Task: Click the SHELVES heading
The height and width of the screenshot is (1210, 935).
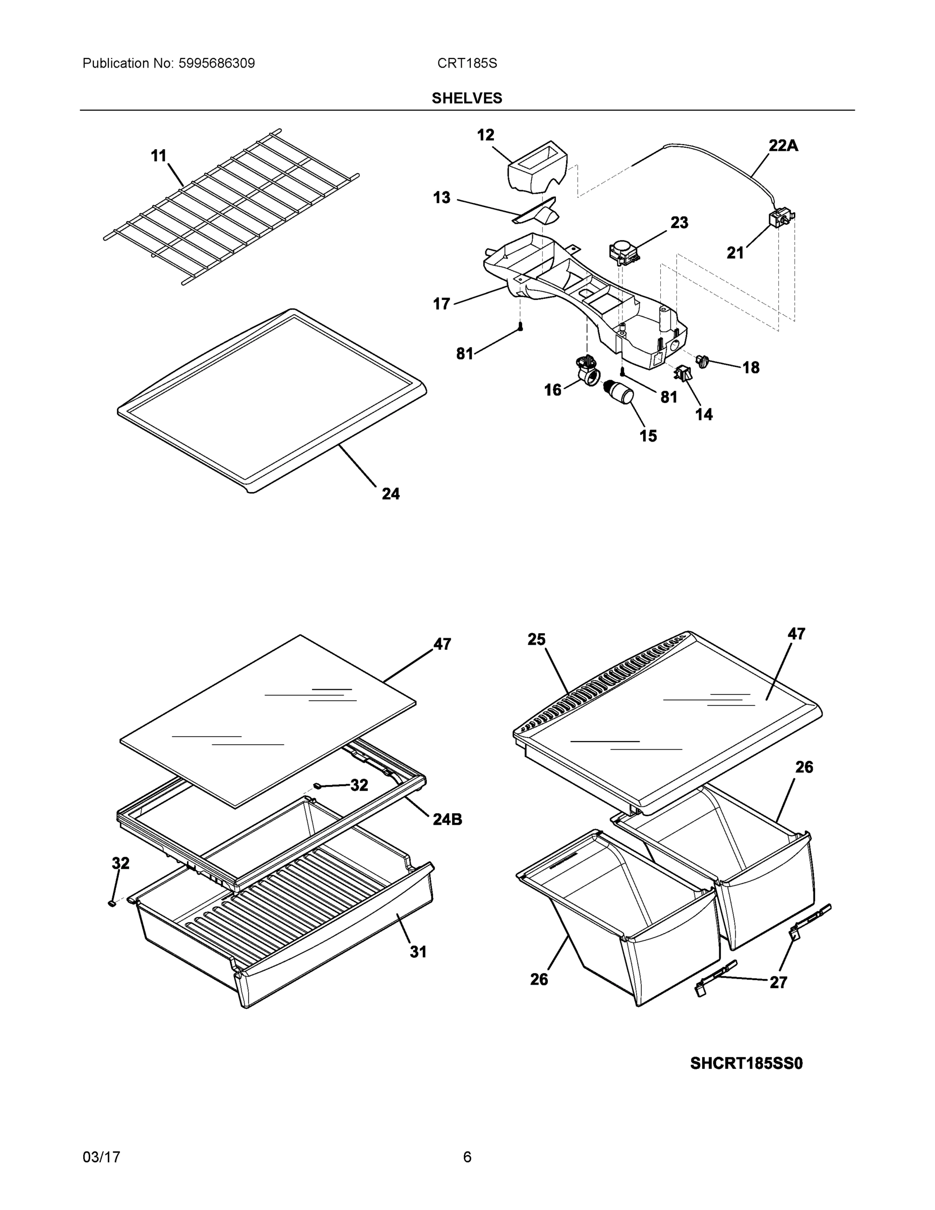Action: pos(466,98)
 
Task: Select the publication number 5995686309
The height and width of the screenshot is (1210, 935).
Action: pos(217,64)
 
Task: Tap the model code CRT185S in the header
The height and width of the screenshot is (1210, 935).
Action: pos(467,64)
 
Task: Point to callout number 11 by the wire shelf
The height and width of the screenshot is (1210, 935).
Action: pos(159,157)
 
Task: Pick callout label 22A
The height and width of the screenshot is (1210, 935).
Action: pos(783,146)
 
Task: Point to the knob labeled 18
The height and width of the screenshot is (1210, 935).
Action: pos(703,361)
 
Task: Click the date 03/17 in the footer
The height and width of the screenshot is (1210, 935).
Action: pos(101,1158)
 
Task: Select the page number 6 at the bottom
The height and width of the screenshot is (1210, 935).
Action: pos(467,1158)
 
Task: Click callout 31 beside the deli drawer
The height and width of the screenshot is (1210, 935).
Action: pos(418,952)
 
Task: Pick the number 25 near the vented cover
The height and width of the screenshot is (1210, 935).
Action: pos(536,639)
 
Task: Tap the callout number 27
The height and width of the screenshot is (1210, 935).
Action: pos(778,982)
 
